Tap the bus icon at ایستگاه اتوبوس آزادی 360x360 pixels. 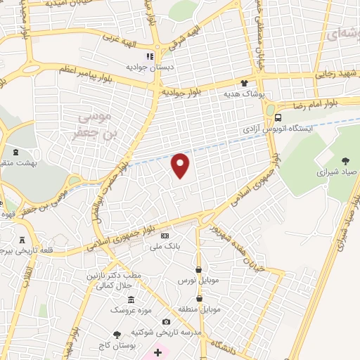tap(279, 117)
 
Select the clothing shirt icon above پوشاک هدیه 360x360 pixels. tap(245, 82)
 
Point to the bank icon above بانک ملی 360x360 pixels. tap(165, 236)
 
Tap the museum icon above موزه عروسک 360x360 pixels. tap(131, 300)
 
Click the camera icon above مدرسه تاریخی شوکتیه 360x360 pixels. tap(166, 322)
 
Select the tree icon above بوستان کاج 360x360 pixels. tap(117, 335)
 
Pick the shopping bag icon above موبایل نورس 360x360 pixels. tap(199, 270)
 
